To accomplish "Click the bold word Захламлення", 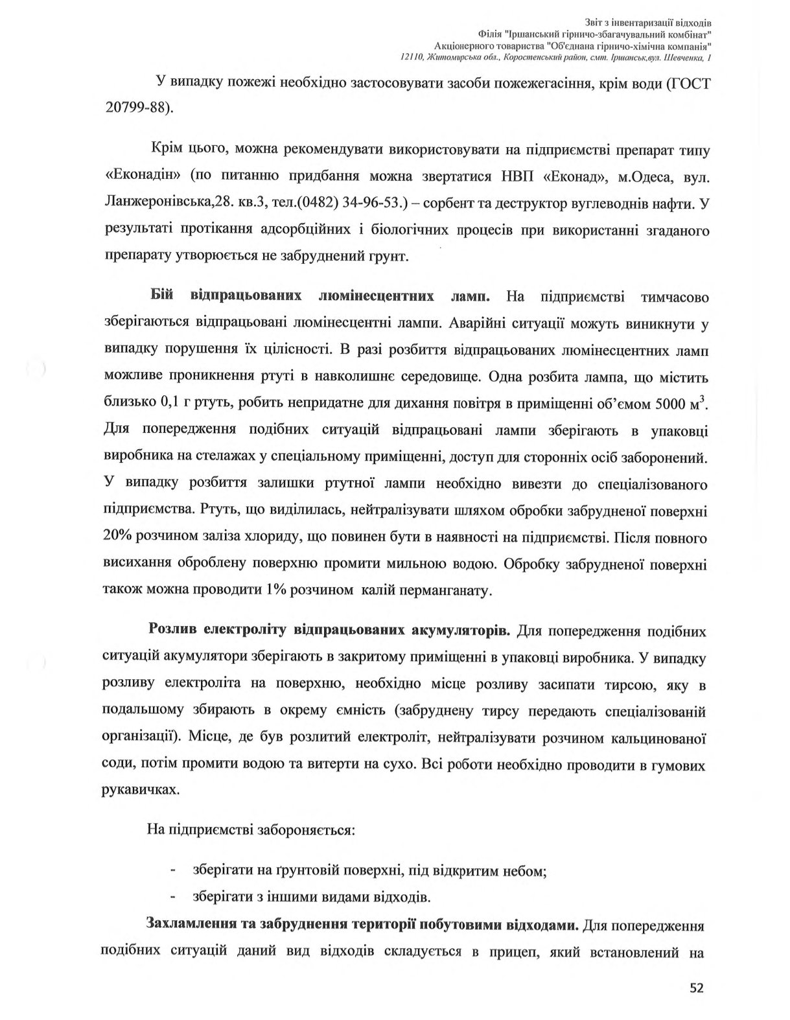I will point(192,924).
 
